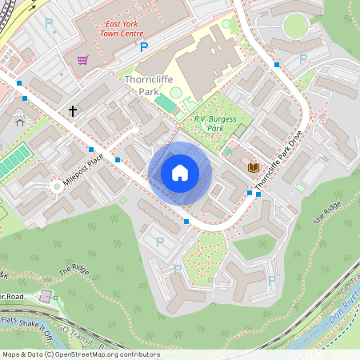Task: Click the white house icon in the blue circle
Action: tap(180, 173)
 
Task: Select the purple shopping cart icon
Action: tap(82, 59)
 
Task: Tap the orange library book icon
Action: tap(254, 166)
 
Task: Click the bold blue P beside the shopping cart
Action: tap(144, 48)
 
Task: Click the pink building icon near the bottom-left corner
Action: tap(45, 297)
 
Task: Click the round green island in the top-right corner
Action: tap(295, 26)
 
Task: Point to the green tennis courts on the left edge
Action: tap(12, 163)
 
